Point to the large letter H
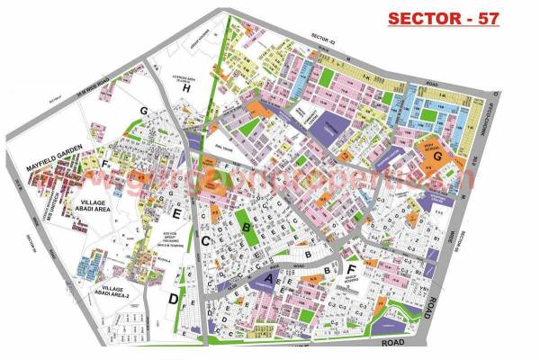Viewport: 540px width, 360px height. [186, 89]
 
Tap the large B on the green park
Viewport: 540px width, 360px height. [246, 229]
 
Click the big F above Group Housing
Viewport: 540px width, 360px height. [351, 269]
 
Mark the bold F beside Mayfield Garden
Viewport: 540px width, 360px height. [104, 165]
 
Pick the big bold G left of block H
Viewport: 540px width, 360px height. [142, 111]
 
